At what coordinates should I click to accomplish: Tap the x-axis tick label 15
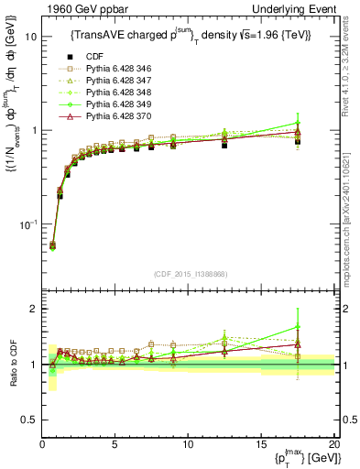[260, 444]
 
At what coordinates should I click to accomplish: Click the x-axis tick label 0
[42, 444]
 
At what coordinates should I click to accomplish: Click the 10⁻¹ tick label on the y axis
[27, 224]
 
